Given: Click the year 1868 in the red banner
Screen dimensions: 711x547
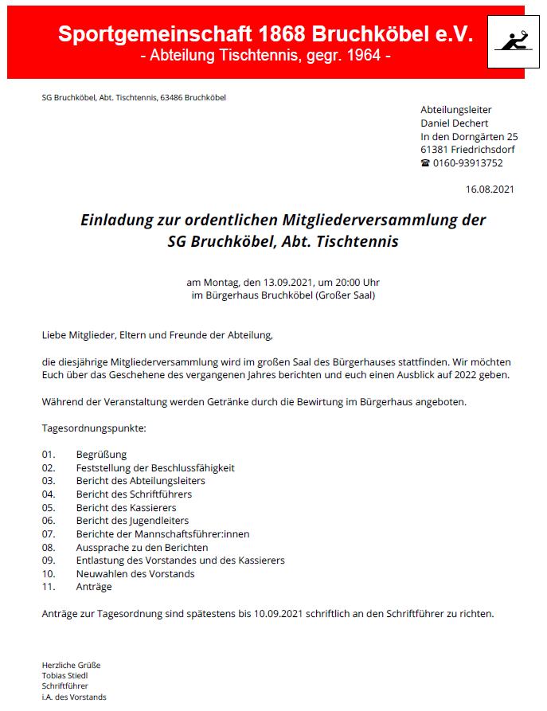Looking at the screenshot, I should click(x=281, y=33).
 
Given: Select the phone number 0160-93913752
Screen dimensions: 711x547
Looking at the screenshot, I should click(x=468, y=163).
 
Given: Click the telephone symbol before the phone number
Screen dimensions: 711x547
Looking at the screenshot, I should click(x=425, y=163).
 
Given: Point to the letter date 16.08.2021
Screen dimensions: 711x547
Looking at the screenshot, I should click(x=490, y=189).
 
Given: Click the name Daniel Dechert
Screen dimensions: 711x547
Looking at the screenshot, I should click(x=454, y=123).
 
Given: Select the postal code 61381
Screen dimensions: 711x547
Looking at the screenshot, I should click(x=434, y=150).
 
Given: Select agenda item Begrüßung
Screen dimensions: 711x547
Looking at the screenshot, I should click(x=101, y=454).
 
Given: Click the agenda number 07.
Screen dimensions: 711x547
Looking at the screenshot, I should click(x=49, y=533).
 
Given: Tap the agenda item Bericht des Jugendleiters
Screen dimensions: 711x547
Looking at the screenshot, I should click(x=132, y=521).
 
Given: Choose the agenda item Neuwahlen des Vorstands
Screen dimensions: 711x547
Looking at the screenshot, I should click(x=135, y=573).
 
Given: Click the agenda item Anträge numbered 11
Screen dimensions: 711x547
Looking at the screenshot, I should click(x=94, y=587).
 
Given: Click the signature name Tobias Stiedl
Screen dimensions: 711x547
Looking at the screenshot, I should click(x=65, y=675).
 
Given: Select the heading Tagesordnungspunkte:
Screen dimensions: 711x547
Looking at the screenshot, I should click(x=93, y=428).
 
